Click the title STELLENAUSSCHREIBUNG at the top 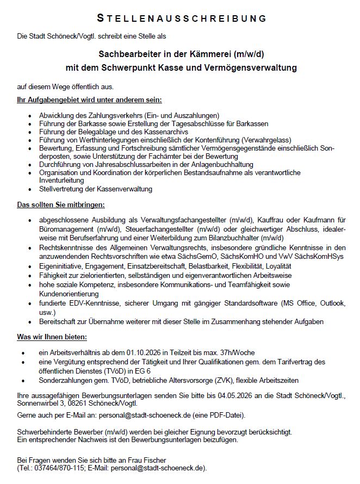pos(182,19)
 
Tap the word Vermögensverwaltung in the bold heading pos(256,69)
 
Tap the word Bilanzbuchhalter pos(229,238)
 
